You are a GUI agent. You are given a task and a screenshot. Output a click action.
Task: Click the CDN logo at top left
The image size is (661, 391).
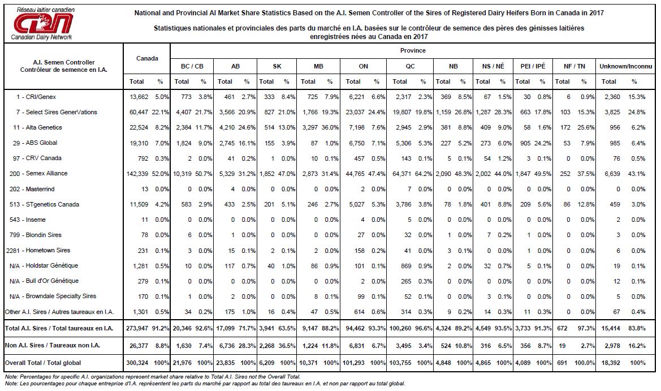click(x=42, y=24)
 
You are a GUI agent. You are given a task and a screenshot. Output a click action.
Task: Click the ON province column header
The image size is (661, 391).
click(x=364, y=66)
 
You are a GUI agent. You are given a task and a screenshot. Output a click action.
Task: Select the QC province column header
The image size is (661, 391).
click(x=410, y=66)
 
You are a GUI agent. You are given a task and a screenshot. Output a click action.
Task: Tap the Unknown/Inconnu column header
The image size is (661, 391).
click(x=625, y=66)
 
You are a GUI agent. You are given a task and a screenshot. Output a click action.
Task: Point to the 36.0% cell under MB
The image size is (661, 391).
click(x=330, y=128)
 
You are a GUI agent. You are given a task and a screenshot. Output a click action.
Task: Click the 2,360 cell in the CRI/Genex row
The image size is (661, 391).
click(x=612, y=97)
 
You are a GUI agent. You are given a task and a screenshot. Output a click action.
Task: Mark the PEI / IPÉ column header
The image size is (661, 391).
click(x=533, y=66)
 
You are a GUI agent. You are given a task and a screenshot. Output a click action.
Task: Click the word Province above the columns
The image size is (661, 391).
click(x=413, y=50)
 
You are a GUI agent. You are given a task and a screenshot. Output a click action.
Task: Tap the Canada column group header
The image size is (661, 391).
click(x=147, y=58)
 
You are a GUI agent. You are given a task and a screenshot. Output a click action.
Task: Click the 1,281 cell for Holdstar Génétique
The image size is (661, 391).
click(x=141, y=266)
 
